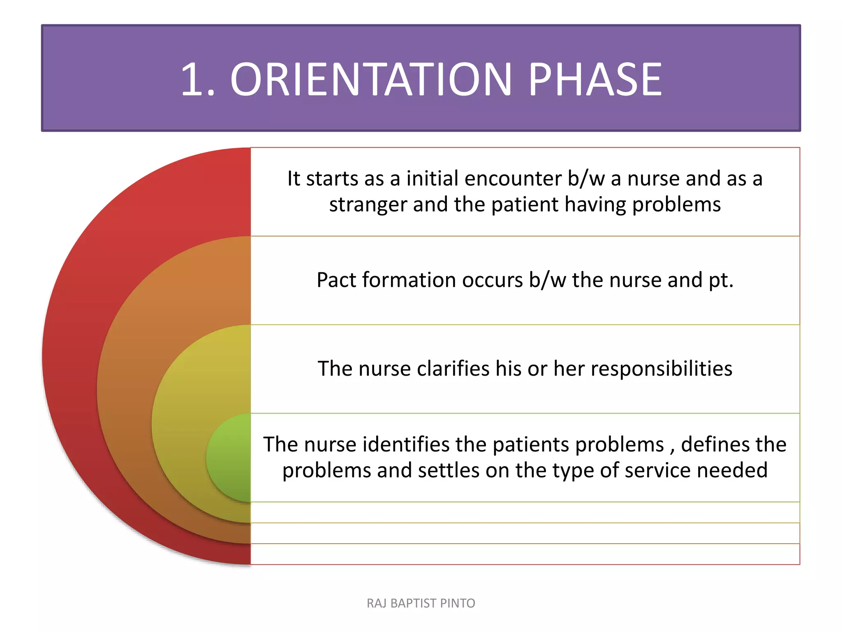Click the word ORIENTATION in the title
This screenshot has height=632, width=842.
tap(370, 79)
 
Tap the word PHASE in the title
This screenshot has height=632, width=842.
tap(594, 79)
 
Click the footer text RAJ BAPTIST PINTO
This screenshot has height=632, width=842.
tap(421, 603)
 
